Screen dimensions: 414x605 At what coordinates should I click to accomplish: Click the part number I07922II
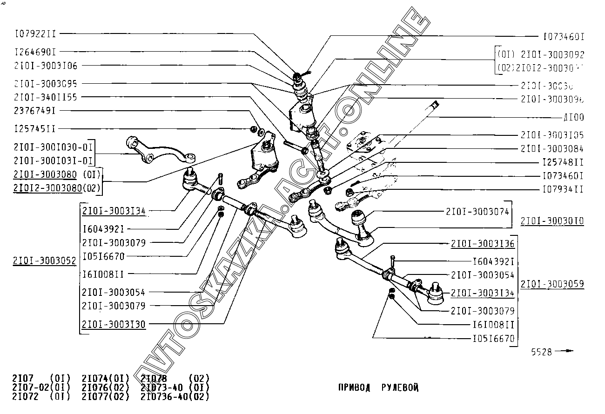point(36,33)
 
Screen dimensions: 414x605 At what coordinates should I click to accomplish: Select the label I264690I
point(36,52)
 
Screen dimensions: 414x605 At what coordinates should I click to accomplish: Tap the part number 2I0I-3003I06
point(46,66)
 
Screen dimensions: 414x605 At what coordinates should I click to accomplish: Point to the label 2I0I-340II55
point(46,97)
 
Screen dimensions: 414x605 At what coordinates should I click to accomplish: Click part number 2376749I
point(36,111)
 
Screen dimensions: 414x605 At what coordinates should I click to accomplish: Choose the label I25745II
point(36,129)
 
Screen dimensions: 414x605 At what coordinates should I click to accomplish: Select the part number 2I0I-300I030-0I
point(54,147)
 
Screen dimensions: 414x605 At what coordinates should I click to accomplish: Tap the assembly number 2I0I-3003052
point(45,261)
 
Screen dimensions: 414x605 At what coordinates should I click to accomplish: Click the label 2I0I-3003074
point(477,212)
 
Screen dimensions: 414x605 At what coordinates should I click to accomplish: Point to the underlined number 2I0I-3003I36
point(483,244)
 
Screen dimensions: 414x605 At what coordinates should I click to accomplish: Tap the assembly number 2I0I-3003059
point(552,284)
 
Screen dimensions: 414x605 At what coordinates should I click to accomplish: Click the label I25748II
point(563,162)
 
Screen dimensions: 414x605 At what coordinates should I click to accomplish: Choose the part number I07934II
point(563,189)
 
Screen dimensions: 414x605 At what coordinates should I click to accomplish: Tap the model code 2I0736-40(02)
point(175,397)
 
